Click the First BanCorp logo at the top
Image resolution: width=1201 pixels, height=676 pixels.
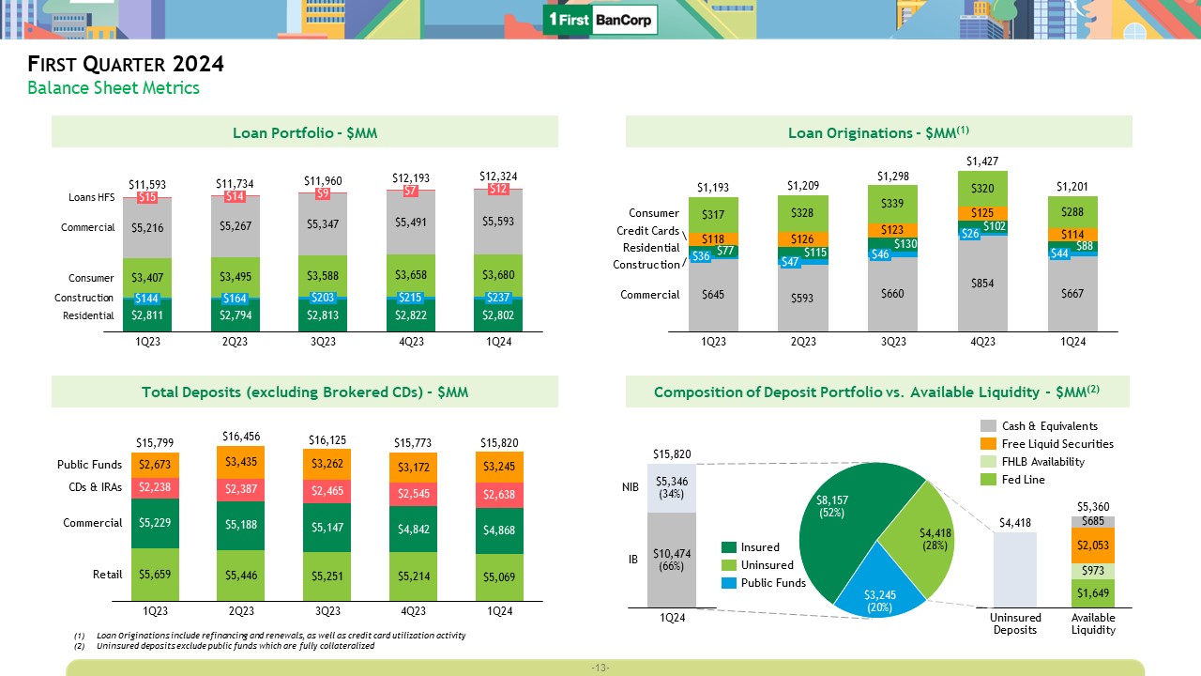tap(600, 20)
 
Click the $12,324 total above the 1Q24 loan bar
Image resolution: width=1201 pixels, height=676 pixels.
tap(498, 176)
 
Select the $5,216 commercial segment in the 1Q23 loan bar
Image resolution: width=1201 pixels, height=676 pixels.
tap(145, 226)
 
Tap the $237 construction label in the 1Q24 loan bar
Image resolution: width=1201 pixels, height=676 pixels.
tap(498, 298)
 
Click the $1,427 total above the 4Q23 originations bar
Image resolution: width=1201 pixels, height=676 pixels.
tap(981, 161)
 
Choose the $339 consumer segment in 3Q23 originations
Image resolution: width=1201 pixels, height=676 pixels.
tap(893, 203)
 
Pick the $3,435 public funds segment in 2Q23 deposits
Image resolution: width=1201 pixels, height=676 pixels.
tap(241, 462)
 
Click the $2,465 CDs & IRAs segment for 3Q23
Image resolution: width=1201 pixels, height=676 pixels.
tap(327, 491)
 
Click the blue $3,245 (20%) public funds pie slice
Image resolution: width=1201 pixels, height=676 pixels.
tap(879, 600)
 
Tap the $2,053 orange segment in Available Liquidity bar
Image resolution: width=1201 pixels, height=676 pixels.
tap(1093, 545)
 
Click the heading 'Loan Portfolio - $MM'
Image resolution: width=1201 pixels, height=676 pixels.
tap(305, 132)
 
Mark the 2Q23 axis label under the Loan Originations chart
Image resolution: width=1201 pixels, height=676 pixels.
tap(803, 342)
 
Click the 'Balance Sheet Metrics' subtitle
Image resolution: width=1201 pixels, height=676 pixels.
tap(114, 88)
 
